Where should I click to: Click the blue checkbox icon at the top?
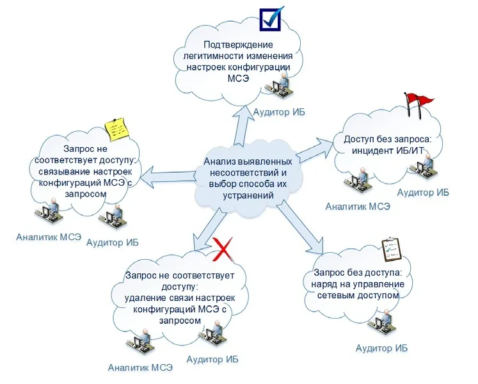coord(271,19)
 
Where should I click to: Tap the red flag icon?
coord(418,104)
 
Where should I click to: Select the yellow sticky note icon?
coord(116,129)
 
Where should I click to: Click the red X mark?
coord(223,250)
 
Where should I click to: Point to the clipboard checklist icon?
coord(392,250)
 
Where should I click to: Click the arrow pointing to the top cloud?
coord(243,124)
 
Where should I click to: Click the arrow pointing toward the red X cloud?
coord(208,230)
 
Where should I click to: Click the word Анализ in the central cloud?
coord(219,161)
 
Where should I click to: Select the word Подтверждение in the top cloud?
coord(238,45)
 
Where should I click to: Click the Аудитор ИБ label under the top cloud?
coord(279,112)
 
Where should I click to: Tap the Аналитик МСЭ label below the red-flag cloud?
coord(358,207)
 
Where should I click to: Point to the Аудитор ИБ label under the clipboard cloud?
coord(381,348)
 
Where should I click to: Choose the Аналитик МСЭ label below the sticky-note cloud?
coord(49,237)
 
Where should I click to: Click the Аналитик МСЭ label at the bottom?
coord(140,367)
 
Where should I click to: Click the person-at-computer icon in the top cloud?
coord(277,86)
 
